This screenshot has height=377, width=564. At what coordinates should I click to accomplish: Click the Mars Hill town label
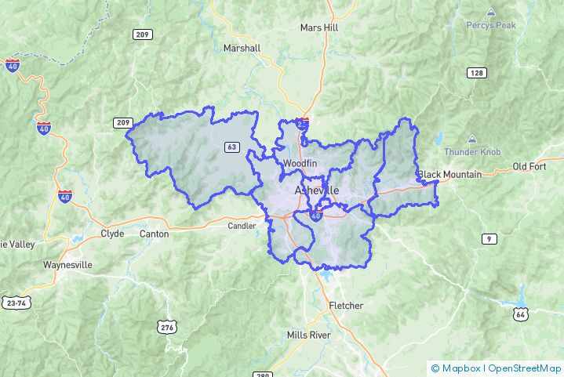319,27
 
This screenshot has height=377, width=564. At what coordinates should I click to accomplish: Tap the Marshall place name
242,48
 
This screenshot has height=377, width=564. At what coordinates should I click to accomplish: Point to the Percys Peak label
491,25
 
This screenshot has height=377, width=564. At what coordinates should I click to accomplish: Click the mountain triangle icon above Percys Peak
491,13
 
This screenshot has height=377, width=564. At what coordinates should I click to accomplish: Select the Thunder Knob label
468,151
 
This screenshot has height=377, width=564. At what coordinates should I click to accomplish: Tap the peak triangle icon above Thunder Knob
472,138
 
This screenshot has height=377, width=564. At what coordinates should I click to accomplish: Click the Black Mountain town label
449,174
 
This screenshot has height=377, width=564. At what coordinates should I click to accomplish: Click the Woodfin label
300,163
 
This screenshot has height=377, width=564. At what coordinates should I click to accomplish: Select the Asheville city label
317,190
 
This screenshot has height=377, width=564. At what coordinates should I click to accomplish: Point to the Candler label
242,226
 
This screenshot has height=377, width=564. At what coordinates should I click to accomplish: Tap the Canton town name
154,234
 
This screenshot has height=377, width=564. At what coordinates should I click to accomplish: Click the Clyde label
112,234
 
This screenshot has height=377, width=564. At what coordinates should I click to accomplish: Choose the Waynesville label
67,265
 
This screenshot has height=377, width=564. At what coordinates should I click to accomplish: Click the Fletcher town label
346,305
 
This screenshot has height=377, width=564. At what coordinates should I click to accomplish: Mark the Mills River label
309,335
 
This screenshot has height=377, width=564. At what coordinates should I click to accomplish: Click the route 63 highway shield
231,147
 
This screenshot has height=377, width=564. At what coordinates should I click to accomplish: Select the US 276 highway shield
165,326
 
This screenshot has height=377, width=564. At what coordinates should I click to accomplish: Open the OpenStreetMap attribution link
525,368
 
